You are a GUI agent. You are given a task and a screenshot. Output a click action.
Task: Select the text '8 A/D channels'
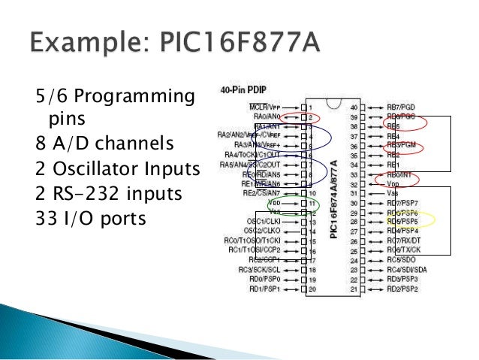click(x=93, y=142)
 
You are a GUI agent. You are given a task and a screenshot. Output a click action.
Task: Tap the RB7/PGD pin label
click(x=402, y=107)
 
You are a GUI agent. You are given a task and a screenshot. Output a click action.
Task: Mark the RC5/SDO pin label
click(x=402, y=260)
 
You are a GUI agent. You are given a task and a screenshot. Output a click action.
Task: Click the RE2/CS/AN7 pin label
click(x=266, y=193)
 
